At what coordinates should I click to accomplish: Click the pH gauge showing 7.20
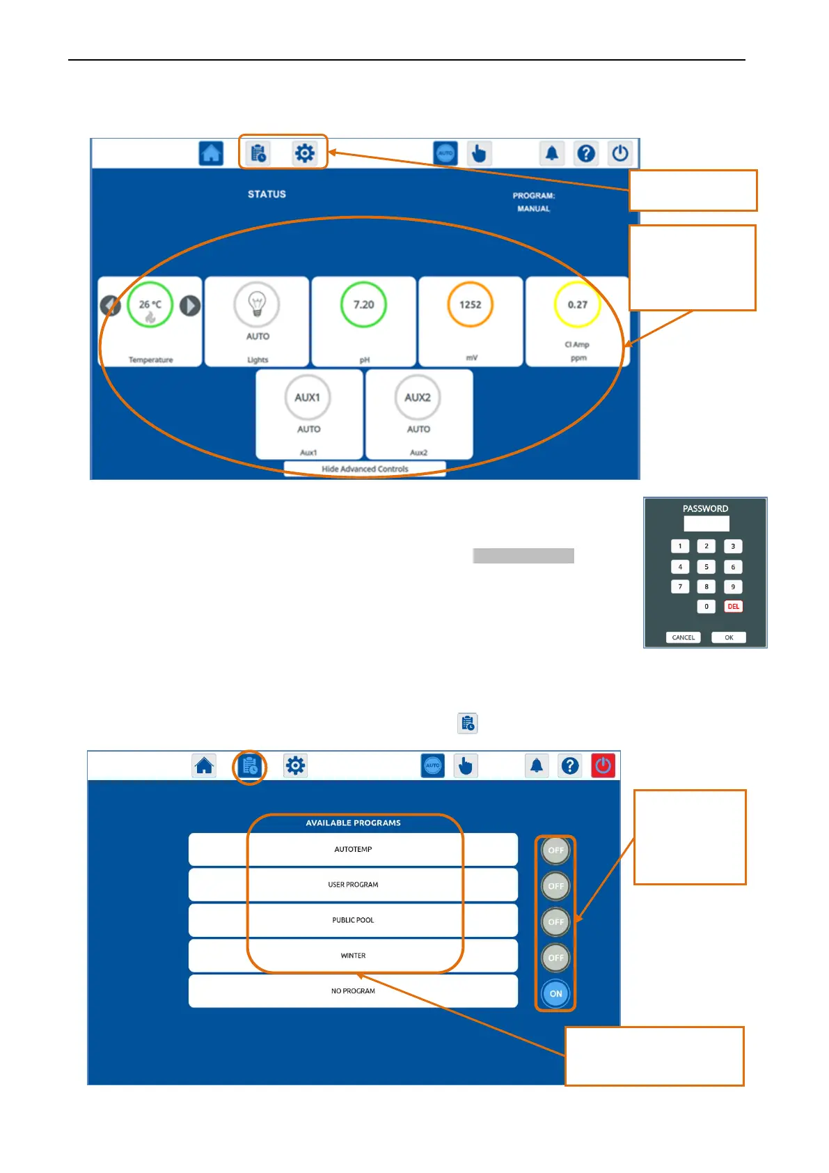363,304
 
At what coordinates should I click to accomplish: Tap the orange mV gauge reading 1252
470,304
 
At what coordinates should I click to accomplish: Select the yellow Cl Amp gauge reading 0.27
577,304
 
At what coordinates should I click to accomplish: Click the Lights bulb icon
257,304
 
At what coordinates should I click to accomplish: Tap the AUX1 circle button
307,398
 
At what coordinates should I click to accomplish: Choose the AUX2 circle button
418,398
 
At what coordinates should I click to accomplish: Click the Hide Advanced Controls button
365,469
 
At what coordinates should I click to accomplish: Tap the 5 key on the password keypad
706,567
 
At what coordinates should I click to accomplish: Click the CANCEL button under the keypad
683,637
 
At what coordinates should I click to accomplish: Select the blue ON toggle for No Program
555,994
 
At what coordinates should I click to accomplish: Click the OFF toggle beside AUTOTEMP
555,850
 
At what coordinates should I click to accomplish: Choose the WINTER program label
353,956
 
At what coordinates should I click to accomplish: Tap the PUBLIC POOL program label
353,920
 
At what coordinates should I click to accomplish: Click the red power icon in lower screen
603,766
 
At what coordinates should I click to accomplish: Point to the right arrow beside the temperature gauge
190,305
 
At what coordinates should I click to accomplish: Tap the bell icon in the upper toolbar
551,153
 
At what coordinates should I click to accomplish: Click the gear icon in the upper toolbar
304,153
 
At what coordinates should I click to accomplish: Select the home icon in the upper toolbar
211,153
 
